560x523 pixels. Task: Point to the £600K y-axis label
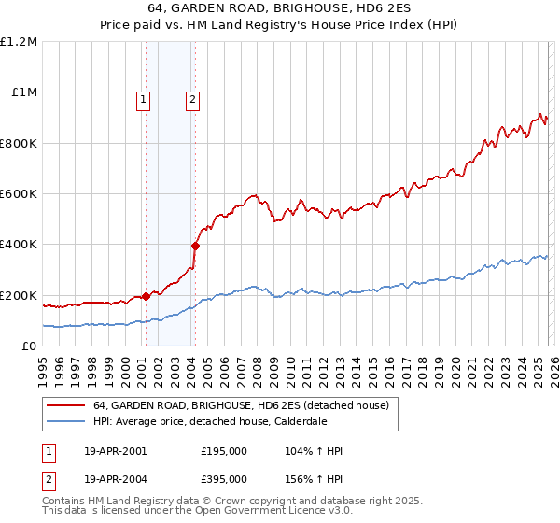[19, 194]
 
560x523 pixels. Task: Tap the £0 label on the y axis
[28, 346]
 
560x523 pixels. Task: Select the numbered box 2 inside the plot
[192, 100]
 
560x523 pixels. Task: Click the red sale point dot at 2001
[146, 297]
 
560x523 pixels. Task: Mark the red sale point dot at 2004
[195, 247]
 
